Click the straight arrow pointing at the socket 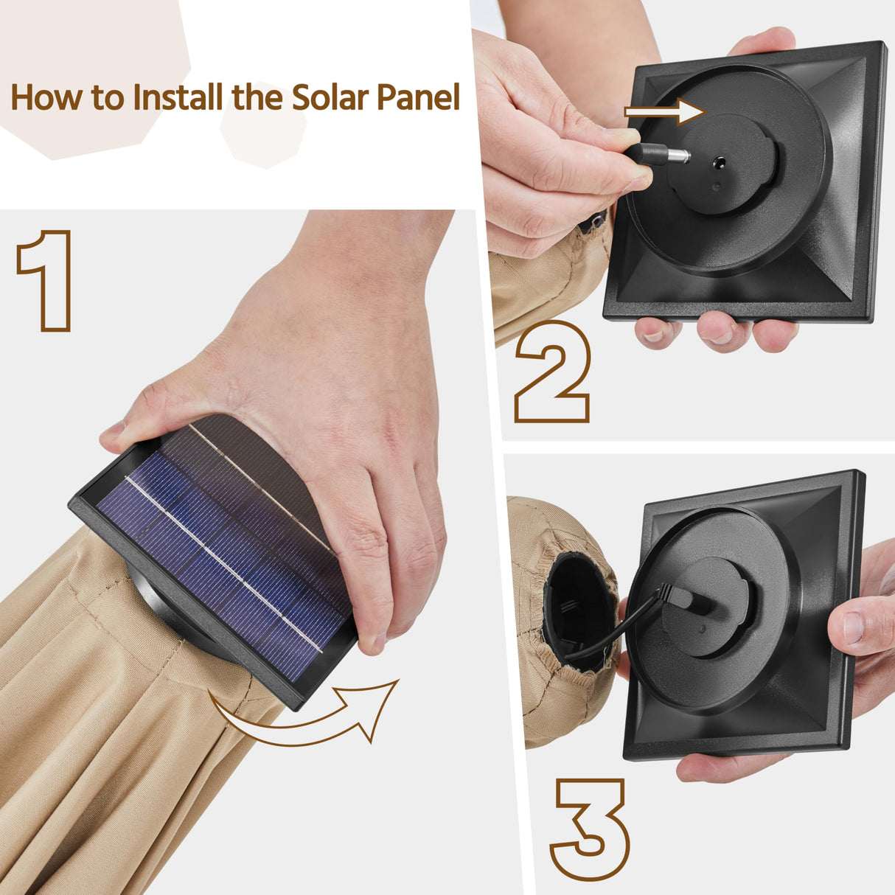click(x=665, y=112)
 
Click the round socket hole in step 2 click(x=720, y=163)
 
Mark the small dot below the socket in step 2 click(x=717, y=187)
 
